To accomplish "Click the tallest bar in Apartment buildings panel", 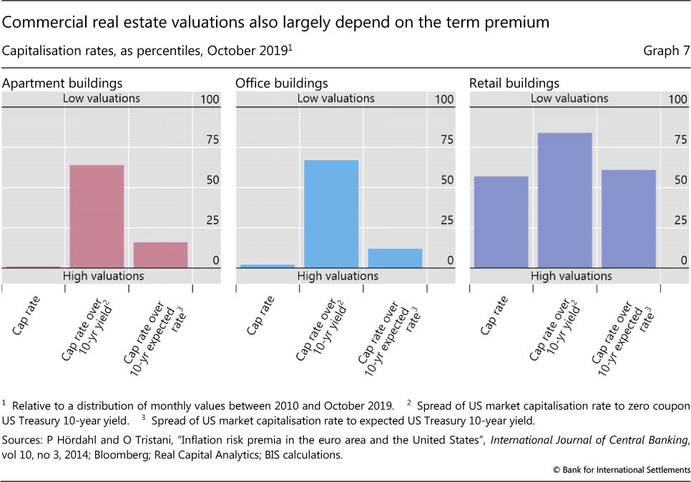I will point(97,216).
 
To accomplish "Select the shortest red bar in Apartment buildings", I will point(33,267).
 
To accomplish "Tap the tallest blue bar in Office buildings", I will point(331,213).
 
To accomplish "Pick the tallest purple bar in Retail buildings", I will point(564,200).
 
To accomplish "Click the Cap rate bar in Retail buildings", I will point(501,222).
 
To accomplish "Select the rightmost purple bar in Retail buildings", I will point(628,218).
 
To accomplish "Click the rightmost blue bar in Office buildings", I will point(394,257).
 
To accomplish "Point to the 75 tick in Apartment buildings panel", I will point(212,139).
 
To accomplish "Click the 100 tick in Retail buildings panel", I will point(677,99).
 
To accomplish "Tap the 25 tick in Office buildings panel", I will point(446,220).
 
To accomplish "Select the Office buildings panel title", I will point(282,84).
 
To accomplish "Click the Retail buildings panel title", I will point(514,84).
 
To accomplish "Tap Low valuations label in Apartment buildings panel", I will point(102,99).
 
